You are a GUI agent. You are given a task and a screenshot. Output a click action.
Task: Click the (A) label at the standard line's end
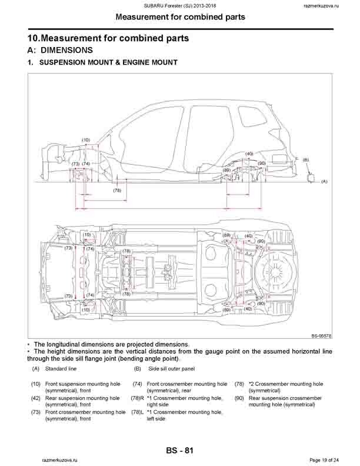pyautogui.click(x=324, y=182)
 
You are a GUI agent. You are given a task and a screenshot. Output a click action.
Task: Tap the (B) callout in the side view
pyautogui.click(x=306, y=159)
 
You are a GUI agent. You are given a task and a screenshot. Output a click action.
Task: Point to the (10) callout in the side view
pyautogui.click(x=86, y=140)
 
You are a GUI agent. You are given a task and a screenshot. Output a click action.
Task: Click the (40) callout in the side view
pyautogui.click(x=249, y=154)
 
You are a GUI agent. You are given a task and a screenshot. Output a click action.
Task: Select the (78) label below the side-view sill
pyautogui.click(x=117, y=190)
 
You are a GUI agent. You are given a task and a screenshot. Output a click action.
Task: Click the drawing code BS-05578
pyautogui.click(x=321, y=337)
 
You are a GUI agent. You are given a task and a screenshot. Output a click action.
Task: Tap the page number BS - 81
pyautogui.click(x=180, y=451)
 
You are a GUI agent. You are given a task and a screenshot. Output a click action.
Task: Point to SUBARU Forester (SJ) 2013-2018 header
pyautogui.click(x=180, y=5)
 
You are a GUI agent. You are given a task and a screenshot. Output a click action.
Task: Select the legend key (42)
pyautogui.click(x=36, y=398)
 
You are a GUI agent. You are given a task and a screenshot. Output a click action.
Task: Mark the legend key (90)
pyautogui.click(x=239, y=398)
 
